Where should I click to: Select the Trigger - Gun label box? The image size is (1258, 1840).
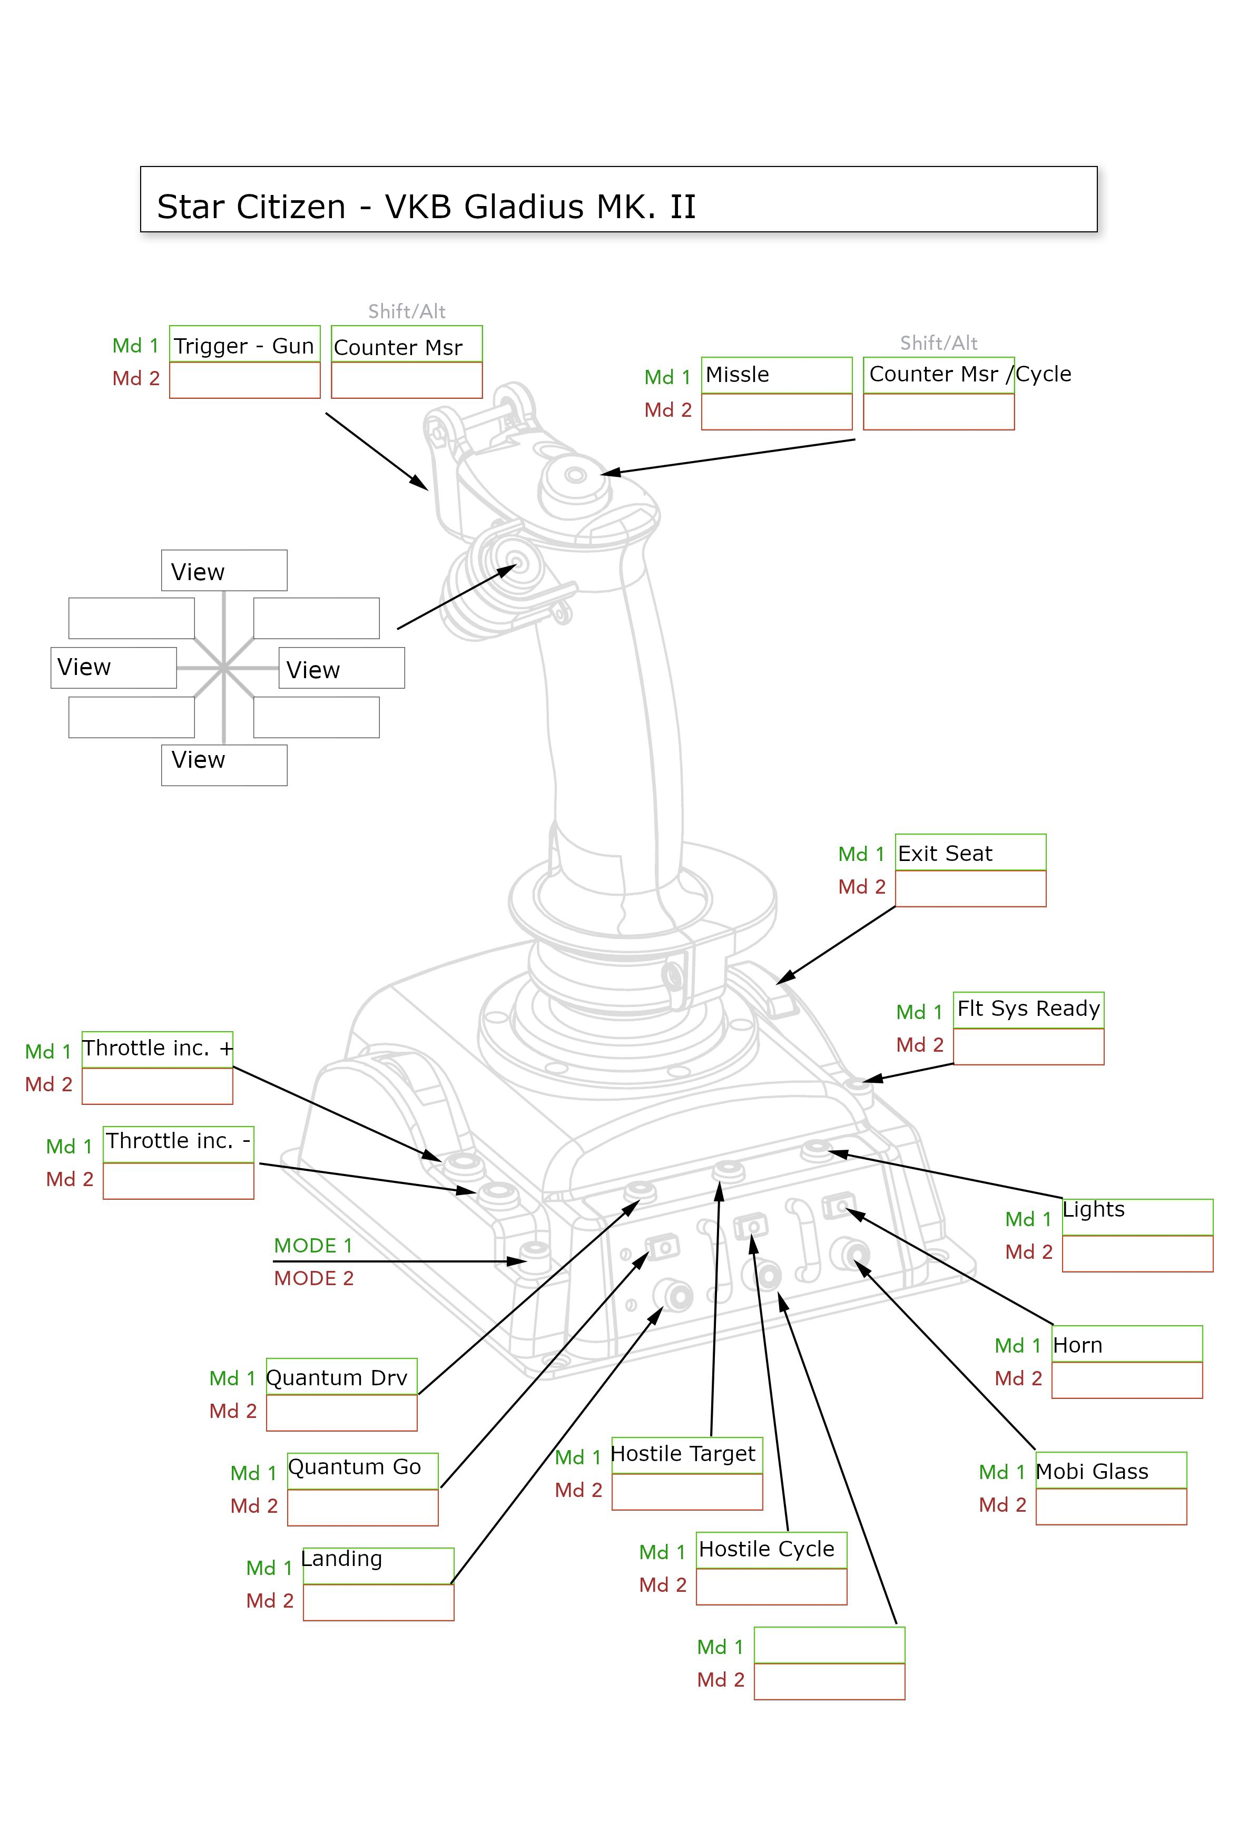tap(244, 345)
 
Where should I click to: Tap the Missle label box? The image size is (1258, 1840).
tap(776, 375)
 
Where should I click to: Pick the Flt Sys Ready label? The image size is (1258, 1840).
tap(1028, 1009)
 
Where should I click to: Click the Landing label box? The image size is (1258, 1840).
tap(378, 1565)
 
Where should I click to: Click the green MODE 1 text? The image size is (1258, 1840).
tap(313, 1246)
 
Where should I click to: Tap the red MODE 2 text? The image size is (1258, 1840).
tap(313, 1278)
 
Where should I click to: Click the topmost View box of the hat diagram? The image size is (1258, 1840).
tap(224, 571)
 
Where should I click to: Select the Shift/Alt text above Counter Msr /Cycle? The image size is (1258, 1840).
tap(938, 343)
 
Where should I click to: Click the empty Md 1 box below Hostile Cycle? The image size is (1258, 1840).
tap(829, 1645)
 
